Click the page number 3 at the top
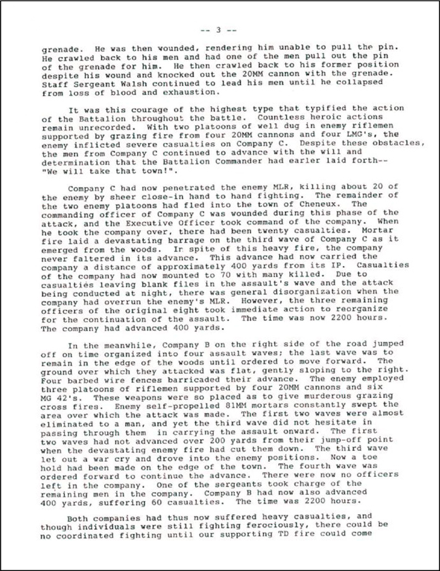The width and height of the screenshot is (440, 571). click(x=218, y=30)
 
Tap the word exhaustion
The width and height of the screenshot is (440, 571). click(x=158, y=92)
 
